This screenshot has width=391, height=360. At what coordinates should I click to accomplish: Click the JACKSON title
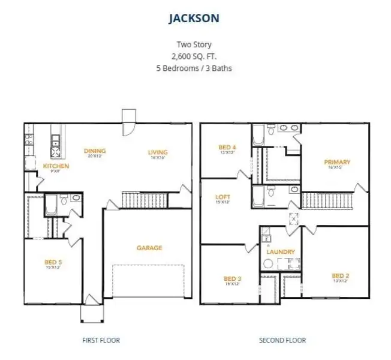[193, 19]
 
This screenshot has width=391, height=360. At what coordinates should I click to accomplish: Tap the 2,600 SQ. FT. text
[193, 56]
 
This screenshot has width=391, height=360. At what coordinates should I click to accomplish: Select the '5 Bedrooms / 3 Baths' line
[193, 68]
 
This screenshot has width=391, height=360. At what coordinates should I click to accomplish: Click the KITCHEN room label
[56, 166]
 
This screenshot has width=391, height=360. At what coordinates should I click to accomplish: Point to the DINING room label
[95, 151]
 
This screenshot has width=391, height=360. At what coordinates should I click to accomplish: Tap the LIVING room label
[158, 152]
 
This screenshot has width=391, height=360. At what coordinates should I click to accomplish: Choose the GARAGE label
[149, 248]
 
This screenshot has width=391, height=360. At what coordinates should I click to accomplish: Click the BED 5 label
[53, 262]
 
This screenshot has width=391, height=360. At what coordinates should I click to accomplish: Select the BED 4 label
[227, 147]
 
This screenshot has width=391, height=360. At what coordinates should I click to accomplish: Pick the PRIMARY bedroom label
[337, 162]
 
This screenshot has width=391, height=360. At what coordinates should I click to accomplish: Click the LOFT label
[222, 197]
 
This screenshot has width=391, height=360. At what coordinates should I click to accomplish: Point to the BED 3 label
[232, 278]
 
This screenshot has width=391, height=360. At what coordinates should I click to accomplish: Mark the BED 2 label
[341, 276]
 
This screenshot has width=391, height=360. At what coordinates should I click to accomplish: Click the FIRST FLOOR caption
[101, 340]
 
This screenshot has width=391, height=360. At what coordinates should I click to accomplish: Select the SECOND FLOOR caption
[282, 340]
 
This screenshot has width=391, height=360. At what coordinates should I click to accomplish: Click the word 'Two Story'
[193, 44]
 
